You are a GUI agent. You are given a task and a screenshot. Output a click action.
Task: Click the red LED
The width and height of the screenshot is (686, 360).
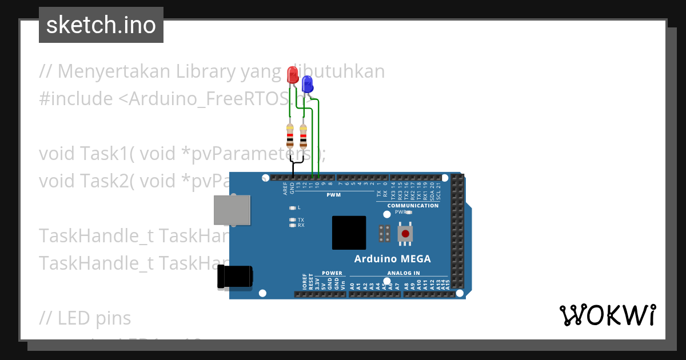(292, 75)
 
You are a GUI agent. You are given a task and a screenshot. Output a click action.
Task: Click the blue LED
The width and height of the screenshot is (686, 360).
(307, 85)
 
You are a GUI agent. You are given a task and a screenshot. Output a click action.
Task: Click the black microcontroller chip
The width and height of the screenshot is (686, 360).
(349, 233)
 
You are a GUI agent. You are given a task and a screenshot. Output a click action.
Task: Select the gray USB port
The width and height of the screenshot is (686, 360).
(232, 210)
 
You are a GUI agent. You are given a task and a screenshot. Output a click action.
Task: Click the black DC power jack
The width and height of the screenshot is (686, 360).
(234, 277)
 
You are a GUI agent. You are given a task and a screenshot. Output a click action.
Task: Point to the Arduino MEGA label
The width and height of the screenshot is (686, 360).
(392, 259)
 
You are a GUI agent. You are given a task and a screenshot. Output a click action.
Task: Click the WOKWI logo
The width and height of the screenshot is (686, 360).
(607, 315)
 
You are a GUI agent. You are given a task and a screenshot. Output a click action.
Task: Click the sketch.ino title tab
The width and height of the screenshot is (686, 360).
(101, 25)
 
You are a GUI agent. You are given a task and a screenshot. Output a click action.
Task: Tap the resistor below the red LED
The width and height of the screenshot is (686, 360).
(290, 137)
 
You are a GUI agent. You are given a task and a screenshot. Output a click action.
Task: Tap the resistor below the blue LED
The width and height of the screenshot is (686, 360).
(303, 137)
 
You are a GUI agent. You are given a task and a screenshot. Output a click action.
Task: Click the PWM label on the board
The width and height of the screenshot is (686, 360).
(333, 195)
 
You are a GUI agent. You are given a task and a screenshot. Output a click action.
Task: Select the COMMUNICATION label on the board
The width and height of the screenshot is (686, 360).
(413, 206)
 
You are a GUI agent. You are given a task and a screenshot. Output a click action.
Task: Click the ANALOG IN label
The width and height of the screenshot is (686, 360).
(404, 273)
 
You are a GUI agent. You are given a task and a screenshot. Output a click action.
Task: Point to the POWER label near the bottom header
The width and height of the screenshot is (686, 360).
(332, 273)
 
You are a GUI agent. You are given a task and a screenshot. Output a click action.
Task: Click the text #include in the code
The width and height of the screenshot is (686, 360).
(76, 99)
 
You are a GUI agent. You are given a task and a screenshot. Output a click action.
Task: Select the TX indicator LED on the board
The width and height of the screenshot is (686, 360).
(293, 219)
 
